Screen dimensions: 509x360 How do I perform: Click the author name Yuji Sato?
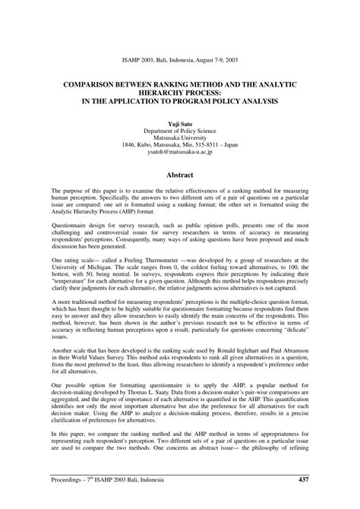(x=180, y=122)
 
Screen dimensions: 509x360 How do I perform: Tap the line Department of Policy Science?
(x=180, y=131)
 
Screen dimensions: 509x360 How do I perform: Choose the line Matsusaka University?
(x=180, y=138)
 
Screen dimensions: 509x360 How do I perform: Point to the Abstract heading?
(x=180, y=174)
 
